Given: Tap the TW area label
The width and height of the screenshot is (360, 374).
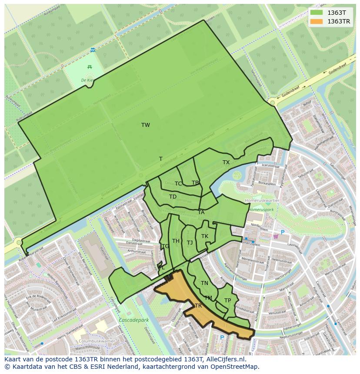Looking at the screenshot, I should point(146,125).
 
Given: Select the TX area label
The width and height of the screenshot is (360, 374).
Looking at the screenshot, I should point(226,162).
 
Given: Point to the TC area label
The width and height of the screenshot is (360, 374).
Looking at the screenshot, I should point(178,184).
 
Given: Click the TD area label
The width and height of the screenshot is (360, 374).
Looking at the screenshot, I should point(173,197).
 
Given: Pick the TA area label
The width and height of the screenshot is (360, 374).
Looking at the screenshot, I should point(201,212).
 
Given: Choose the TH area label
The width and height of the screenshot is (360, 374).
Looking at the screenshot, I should point(176,241).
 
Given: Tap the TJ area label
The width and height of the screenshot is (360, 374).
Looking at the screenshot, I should point(190,243).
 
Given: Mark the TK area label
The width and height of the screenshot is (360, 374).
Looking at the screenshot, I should point(205,236).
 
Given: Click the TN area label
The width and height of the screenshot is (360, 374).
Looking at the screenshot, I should point(204,283).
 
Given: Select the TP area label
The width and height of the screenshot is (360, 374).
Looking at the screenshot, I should point(227,301).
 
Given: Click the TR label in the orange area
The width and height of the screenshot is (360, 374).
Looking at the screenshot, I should point(198,306).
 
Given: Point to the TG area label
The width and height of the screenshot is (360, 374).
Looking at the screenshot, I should point(165,246).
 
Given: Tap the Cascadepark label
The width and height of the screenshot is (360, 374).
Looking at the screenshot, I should point(134,320).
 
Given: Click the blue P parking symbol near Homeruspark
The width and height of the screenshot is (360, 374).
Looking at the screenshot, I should point(283,233).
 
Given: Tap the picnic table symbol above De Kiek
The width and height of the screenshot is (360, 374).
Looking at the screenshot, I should point(90,66).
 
